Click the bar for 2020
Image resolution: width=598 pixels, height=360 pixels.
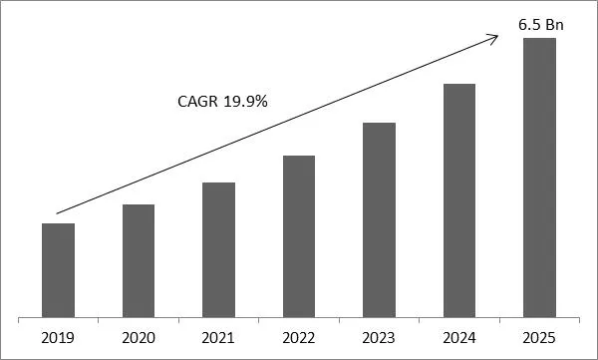139,260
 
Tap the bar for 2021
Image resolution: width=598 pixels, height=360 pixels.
218,249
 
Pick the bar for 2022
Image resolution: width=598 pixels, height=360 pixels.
299,235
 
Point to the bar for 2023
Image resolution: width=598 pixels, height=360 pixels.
379,219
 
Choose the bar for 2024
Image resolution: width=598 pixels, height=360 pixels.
458,199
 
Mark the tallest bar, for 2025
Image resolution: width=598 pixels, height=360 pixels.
539,177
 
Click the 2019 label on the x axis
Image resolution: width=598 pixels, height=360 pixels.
59,337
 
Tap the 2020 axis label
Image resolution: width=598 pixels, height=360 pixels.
139,337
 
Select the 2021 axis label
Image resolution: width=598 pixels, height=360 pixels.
218,337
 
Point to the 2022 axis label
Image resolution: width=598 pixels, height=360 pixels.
299,337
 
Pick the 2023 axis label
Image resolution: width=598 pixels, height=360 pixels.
379,337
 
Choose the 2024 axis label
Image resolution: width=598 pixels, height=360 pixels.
458,337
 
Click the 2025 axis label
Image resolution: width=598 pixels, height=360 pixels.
539,337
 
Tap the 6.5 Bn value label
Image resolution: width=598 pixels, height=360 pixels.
539,23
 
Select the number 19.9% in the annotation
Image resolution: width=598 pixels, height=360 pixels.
247,101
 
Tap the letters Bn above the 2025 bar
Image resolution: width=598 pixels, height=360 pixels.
550,23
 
